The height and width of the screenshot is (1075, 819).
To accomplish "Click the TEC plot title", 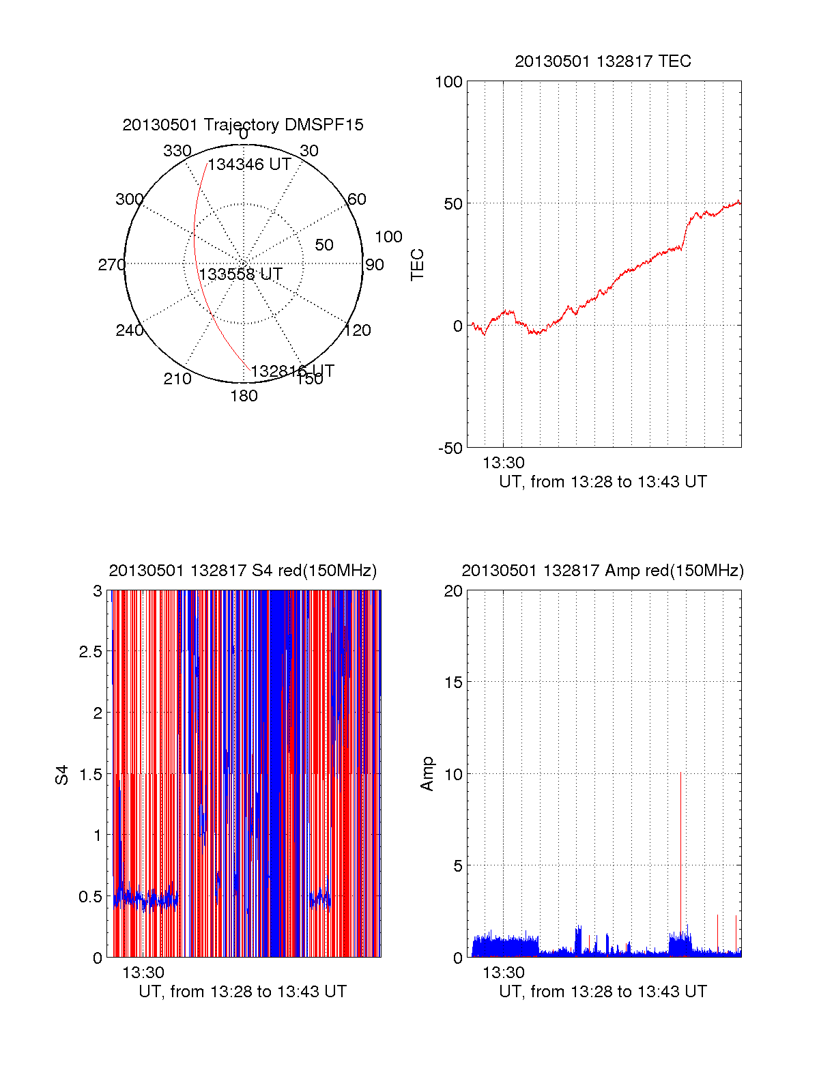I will pyautogui.click(x=603, y=61).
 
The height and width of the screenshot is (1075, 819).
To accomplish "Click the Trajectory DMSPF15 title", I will pyautogui.click(x=243, y=125).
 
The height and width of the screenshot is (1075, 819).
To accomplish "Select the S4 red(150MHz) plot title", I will pyautogui.click(x=243, y=571).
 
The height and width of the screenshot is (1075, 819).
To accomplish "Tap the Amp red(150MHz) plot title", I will pyautogui.click(x=603, y=571).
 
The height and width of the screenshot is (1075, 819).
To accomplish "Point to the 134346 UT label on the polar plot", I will pyautogui.click(x=250, y=164).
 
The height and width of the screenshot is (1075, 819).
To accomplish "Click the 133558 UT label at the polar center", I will pyautogui.click(x=240, y=274).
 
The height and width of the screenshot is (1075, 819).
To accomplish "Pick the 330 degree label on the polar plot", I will pyautogui.click(x=177, y=151).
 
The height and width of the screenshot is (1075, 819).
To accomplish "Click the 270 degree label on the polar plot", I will pyautogui.click(x=111, y=265).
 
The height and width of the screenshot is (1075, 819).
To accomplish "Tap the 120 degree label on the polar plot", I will pyautogui.click(x=358, y=330).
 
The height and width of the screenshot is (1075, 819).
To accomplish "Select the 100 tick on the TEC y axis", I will pyautogui.click(x=449, y=83).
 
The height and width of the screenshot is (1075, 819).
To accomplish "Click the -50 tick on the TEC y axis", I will pyautogui.click(x=450, y=448).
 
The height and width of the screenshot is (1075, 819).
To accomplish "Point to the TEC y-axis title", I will pyautogui.click(x=417, y=265).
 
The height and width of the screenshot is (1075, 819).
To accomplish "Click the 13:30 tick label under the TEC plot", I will pyautogui.click(x=504, y=463).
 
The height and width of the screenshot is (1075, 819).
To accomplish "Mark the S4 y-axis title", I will pyautogui.click(x=62, y=775).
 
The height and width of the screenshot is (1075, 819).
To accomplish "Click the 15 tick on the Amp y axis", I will pyautogui.click(x=453, y=683).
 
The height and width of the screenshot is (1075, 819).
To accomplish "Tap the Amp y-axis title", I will pyautogui.click(x=427, y=774).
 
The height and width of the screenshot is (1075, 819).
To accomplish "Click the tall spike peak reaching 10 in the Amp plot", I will pyautogui.click(x=680, y=773).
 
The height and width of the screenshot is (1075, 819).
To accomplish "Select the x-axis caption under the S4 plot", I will pyautogui.click(x=243, y=992).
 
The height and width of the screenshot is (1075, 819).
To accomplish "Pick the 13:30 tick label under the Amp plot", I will pyautogui.click(x=504, y=973).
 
